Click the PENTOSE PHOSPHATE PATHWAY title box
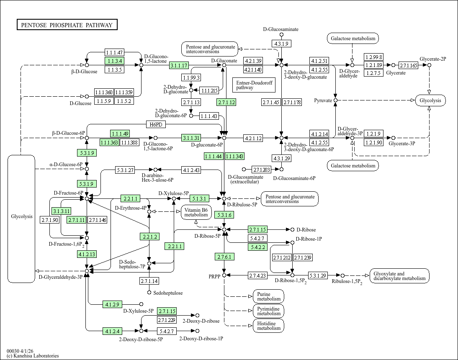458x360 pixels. click(x=67, y=25)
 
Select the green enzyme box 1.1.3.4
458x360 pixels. click(x=114, y=61)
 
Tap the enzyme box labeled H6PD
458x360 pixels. click(x=156, y=125)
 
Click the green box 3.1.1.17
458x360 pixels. click(x=179, y=65)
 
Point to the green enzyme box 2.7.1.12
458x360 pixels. click(x=226, y=102)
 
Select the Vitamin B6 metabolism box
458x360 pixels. click(x=196, y=212)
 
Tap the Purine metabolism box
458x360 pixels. click(x=268, y=296)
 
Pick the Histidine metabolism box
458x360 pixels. click(x=268, y=325)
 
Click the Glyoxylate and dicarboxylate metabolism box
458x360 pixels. click(x=399, y=276)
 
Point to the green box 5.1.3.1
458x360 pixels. click(x=199, y=198)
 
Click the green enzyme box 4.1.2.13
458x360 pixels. click(x=87, y=254)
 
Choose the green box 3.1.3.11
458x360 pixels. click(x=61, y=211)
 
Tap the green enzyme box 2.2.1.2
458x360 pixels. click(x=149, y=237)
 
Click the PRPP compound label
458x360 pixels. click(x=214, y=276)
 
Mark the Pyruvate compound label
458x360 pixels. click(x=323, y=100)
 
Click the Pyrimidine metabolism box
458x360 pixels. click(x=268, y=311)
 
